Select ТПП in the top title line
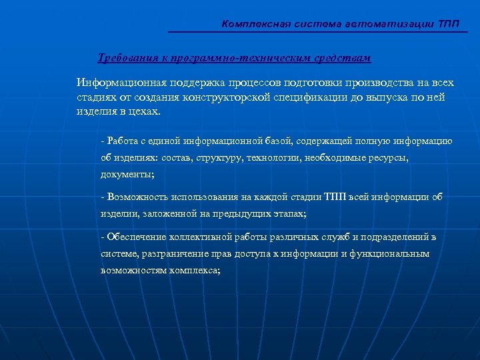coord(449,25)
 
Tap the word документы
coord(126,175)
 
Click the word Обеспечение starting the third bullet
coord(137,237)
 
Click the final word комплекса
coord(194,271)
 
